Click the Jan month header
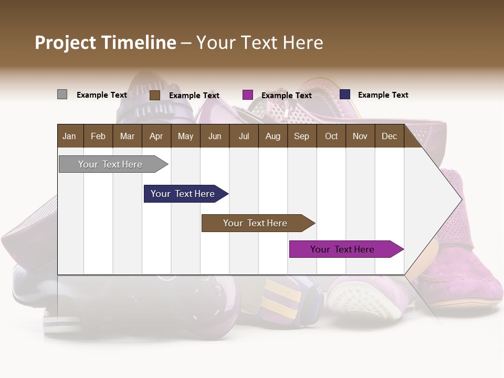(x=69, y=136)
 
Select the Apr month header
(x=156, y=136)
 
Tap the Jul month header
(x=244, y=136)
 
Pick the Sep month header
(x=301, y=136)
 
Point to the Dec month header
(x=389, y=136)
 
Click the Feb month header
(x=98, y=136)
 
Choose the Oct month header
(x=331, y=136)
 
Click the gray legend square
(x=62, y=94)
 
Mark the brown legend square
(x=154, y=95)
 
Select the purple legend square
(x=248, y=95)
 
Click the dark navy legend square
(x=345, y=94)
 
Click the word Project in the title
(x=66, y=43)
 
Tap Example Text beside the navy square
(x=383, y=95)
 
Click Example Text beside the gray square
(x=102, y=95)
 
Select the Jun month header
(x=215, y=136)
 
